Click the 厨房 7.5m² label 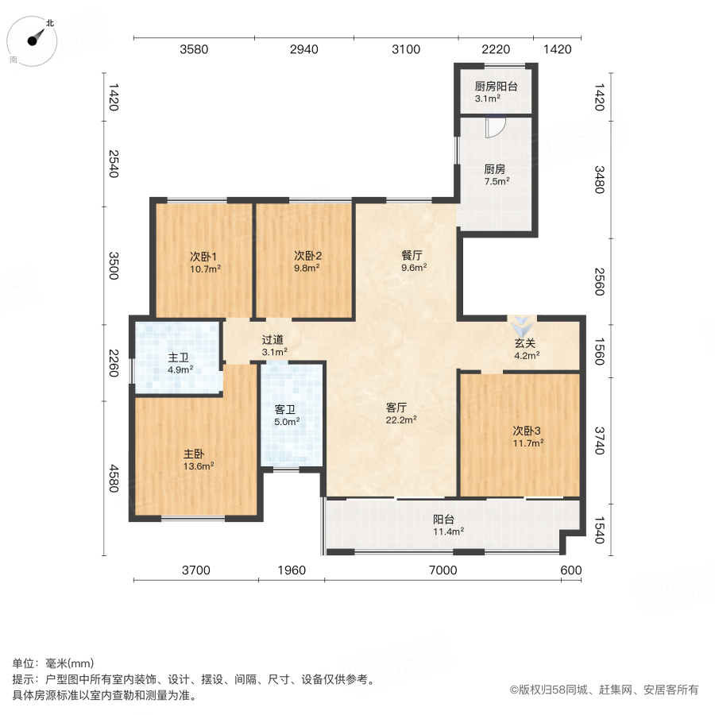point(496,174)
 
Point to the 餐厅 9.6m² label point(412,261)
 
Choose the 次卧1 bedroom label point(203,262)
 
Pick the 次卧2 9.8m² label point(307,262)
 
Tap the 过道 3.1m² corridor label point(273,345)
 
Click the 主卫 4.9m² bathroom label point(178,363)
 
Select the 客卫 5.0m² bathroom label point(286,415)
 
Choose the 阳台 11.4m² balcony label point(448,525)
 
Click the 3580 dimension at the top point(194,49)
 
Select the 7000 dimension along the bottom point(443,570)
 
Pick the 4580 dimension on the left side point(113,478)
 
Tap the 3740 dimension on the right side point(600,439)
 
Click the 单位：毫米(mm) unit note point(54,663)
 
